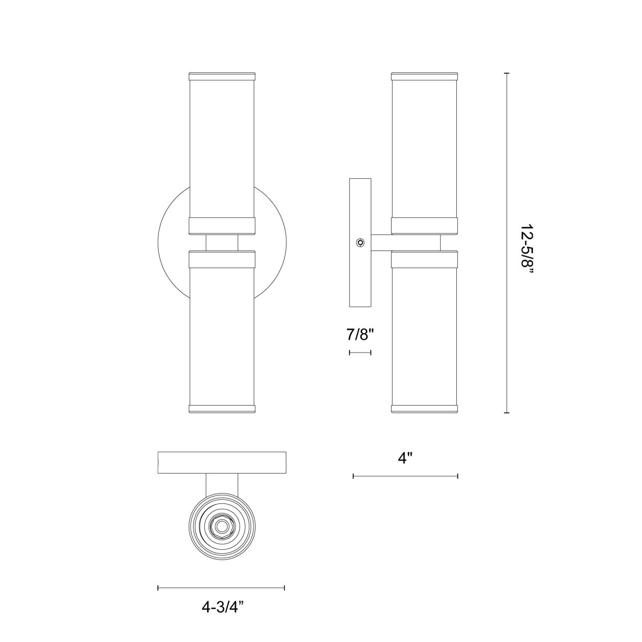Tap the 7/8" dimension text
pyautogui.click(x=360, y=335)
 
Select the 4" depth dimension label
pyautogui.click(x=406, y=458)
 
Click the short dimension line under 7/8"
pyautogui.click(x=360, y=353)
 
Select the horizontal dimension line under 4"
pyautogui.click(x=406, y=476)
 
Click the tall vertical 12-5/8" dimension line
pyautogui.click(x=507, y=243)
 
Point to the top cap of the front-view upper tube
pyautogui.click(x=221, y=76)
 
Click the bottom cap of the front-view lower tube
pyautogui.click(x=221, y=410)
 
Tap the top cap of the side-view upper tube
pyautogui.click(x=424, y=76)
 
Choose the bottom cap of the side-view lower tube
pyautogui.click(x=424, y=410)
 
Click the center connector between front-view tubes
pyautogui.click(x=221, y=243)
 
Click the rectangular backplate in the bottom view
pyautogui.click(x=221, y=463)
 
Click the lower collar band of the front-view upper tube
pyautogui.click(x=221, y=226)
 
